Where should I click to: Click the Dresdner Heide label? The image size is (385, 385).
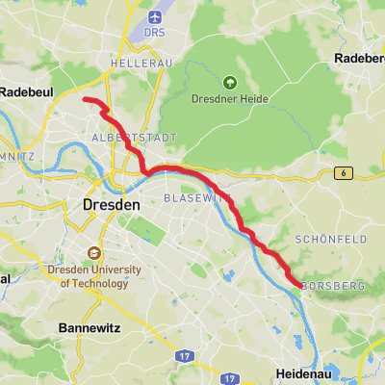[229, 98]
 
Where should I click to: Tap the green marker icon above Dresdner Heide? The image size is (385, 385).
[229, 83]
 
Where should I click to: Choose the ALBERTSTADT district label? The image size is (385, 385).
[135, 138]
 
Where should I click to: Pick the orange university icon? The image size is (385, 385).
[94, 253]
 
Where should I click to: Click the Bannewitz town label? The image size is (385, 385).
[88, 327]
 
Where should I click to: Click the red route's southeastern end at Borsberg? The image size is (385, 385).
[293, 281]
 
